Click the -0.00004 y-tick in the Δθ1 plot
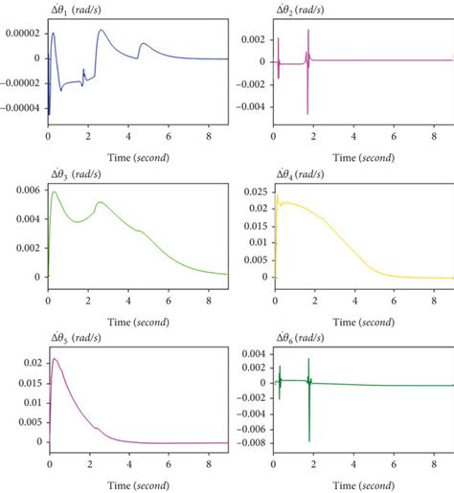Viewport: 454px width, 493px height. pos(20,107)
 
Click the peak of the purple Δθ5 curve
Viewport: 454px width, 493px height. pos(55,359)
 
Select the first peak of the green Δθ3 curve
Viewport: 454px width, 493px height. pos(55,192)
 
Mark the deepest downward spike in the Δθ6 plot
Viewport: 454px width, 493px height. pos(309,440)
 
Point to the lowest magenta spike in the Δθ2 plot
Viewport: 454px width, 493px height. pos(307,114)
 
